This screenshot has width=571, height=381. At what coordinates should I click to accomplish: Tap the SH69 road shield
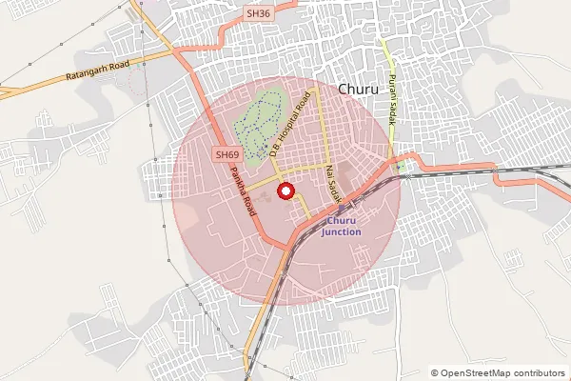point(226,153)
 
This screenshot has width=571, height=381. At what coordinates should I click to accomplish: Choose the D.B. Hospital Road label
point(291,124)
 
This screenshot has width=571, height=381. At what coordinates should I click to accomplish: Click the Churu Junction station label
point(341,226)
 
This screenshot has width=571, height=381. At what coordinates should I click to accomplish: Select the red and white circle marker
point(285,190)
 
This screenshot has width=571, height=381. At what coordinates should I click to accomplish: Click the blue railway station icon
point(343,207)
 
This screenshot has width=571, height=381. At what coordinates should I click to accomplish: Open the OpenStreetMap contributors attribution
point(501,373)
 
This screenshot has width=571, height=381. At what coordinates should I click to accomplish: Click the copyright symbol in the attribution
point(435,373)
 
